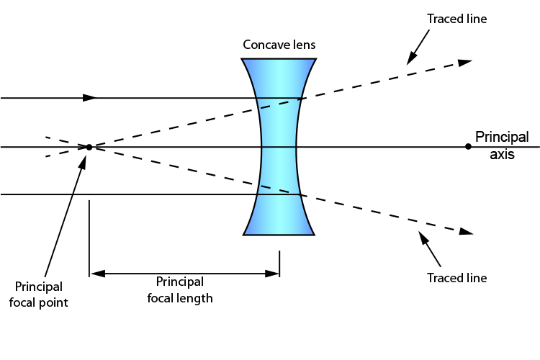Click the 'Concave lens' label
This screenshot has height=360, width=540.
[x=279, y=45]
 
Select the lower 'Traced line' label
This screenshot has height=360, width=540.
[x=456, y=278]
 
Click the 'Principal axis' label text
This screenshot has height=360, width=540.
[x=502, y=145]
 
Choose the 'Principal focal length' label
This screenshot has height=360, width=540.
[x=180, y=289]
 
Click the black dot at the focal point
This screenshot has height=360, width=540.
[x=89, y=147]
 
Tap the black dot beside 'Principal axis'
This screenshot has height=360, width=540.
[x=468, y=147]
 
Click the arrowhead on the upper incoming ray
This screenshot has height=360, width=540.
[x=90, y=97]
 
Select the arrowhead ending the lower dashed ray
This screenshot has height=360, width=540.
[x=466, y=232]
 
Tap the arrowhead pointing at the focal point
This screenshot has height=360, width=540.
[x=84, y=160]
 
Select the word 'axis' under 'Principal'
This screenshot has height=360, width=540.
[x=502, y=153]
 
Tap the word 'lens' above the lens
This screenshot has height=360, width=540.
[x=302, y=45]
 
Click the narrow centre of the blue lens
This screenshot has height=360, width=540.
[x=279, y=147]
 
